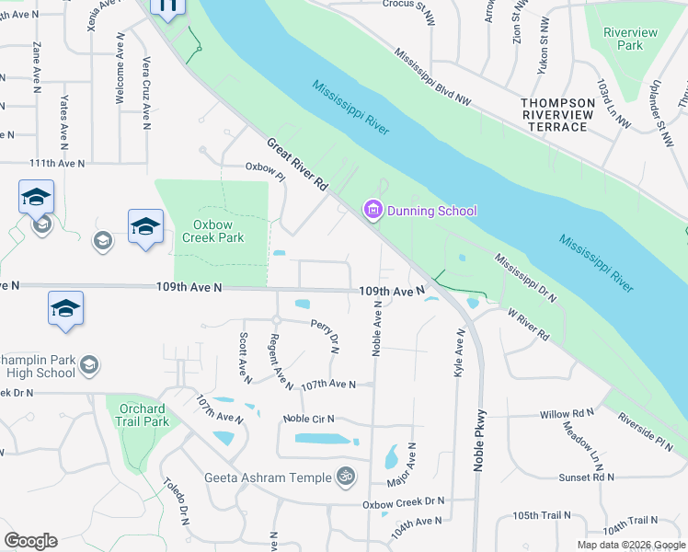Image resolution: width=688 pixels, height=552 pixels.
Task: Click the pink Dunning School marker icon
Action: [373, 212]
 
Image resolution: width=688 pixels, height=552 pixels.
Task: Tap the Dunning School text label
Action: [431, 212]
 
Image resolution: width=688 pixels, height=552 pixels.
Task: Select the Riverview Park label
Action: [630, 39]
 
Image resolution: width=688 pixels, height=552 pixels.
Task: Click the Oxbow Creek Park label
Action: [218, 231]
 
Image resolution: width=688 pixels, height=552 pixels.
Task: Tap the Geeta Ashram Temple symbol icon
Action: [346, 477]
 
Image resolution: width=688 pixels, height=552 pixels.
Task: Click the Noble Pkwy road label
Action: [479, 441]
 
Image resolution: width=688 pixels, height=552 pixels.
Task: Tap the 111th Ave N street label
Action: [57, 163]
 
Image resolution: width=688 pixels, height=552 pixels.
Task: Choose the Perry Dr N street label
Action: [326, 337]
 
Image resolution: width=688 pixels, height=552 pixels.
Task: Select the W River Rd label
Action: [529, 325]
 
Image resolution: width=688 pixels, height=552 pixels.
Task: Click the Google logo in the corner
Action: [30, 540]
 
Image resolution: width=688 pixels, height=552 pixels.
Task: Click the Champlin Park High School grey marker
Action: [89, 366]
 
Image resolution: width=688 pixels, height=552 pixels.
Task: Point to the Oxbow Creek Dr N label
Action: [403, 501]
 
